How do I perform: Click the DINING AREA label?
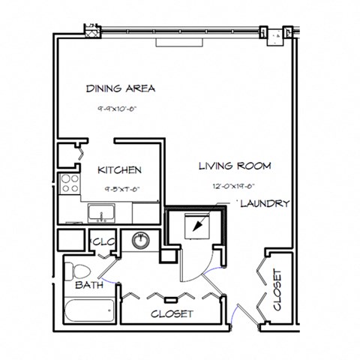pos(120,88)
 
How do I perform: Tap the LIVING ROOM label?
pos(234,166)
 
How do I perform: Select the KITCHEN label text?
pos(119,170)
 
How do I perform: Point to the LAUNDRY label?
pos(264,203)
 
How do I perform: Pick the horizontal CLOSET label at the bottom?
pos(172,313)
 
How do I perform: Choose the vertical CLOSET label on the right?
pos(277,290)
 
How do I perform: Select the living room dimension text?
pos(233,186)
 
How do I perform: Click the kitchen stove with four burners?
pos(70,184)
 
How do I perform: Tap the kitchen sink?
pos(100,214)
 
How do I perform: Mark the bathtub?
pos(88,309)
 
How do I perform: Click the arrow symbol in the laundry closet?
pos(198,224)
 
